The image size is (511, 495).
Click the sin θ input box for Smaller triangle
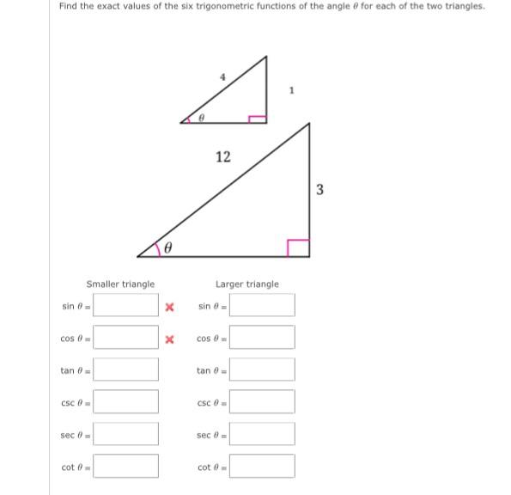point(126,305)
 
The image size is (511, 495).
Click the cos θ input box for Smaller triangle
point(126,337)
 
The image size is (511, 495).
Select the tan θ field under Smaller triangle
point(126,370)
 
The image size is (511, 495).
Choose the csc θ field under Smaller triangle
point(126,401)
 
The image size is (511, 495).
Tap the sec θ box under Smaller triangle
point(126,434)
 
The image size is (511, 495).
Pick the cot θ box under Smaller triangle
point(126,466)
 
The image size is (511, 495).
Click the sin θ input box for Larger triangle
point(263,305)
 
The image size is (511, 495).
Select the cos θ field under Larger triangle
point(263,337)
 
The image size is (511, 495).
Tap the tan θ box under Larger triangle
point(263,370)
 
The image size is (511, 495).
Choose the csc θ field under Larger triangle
point(263,401)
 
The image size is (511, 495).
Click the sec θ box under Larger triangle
point(263,434)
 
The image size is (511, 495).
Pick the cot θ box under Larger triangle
point(263,466)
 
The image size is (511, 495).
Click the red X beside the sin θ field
point(170,306)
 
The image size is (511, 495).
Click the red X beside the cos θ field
point(170,339)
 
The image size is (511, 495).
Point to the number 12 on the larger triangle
point(223,156)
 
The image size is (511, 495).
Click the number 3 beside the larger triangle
point(319,190)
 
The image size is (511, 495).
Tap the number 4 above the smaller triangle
point(222,76)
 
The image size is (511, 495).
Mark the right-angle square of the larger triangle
point(297,247)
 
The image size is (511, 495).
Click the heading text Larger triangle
point(246,284)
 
